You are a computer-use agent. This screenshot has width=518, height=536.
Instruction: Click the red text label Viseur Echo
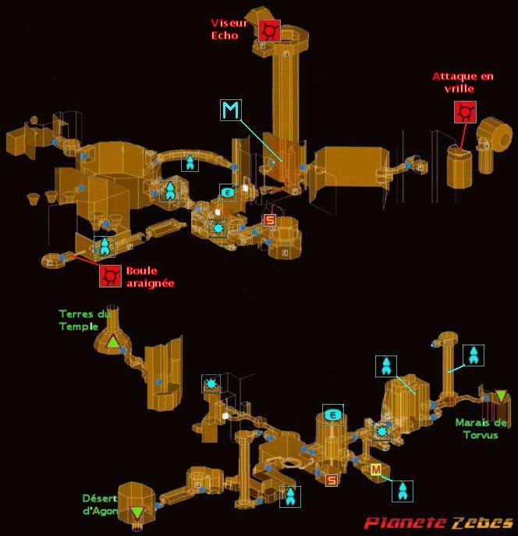coord(229,30)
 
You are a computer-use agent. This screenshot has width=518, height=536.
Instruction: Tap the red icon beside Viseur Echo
coord(270,30)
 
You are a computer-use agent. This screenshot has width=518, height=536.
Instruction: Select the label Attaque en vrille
coord(463,82)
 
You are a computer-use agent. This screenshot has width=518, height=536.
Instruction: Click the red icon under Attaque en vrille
coord(465,112)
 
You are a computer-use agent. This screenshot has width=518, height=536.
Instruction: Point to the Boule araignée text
coord(150,277)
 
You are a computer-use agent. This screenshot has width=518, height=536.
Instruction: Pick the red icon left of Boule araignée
coord(110,276)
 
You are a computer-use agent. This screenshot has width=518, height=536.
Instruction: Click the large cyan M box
coord(231,110)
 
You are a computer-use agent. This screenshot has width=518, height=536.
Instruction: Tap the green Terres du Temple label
coord(83,320)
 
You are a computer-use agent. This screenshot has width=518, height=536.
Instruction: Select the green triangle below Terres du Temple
coord(112,341)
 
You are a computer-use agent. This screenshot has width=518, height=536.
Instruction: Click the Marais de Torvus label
coord(481,429)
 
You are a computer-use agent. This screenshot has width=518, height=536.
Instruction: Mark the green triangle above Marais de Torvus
coord(501,396)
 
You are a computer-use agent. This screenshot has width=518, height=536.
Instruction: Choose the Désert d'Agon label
coord(100,505)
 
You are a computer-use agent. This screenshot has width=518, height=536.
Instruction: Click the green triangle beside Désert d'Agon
coord(137,512)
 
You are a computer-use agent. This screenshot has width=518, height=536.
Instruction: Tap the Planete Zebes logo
coord(438,523)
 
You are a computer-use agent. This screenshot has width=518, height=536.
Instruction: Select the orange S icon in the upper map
coord(270,220)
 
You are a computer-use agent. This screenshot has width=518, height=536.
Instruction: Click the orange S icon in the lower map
coord(332,481)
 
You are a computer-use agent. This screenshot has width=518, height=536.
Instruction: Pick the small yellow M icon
coord(376,470)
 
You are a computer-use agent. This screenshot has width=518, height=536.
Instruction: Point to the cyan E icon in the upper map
coord(228,193)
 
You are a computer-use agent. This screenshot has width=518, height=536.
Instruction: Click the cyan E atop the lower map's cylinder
coord(332,416)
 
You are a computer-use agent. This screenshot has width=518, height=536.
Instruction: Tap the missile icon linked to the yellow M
coord(403,491)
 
